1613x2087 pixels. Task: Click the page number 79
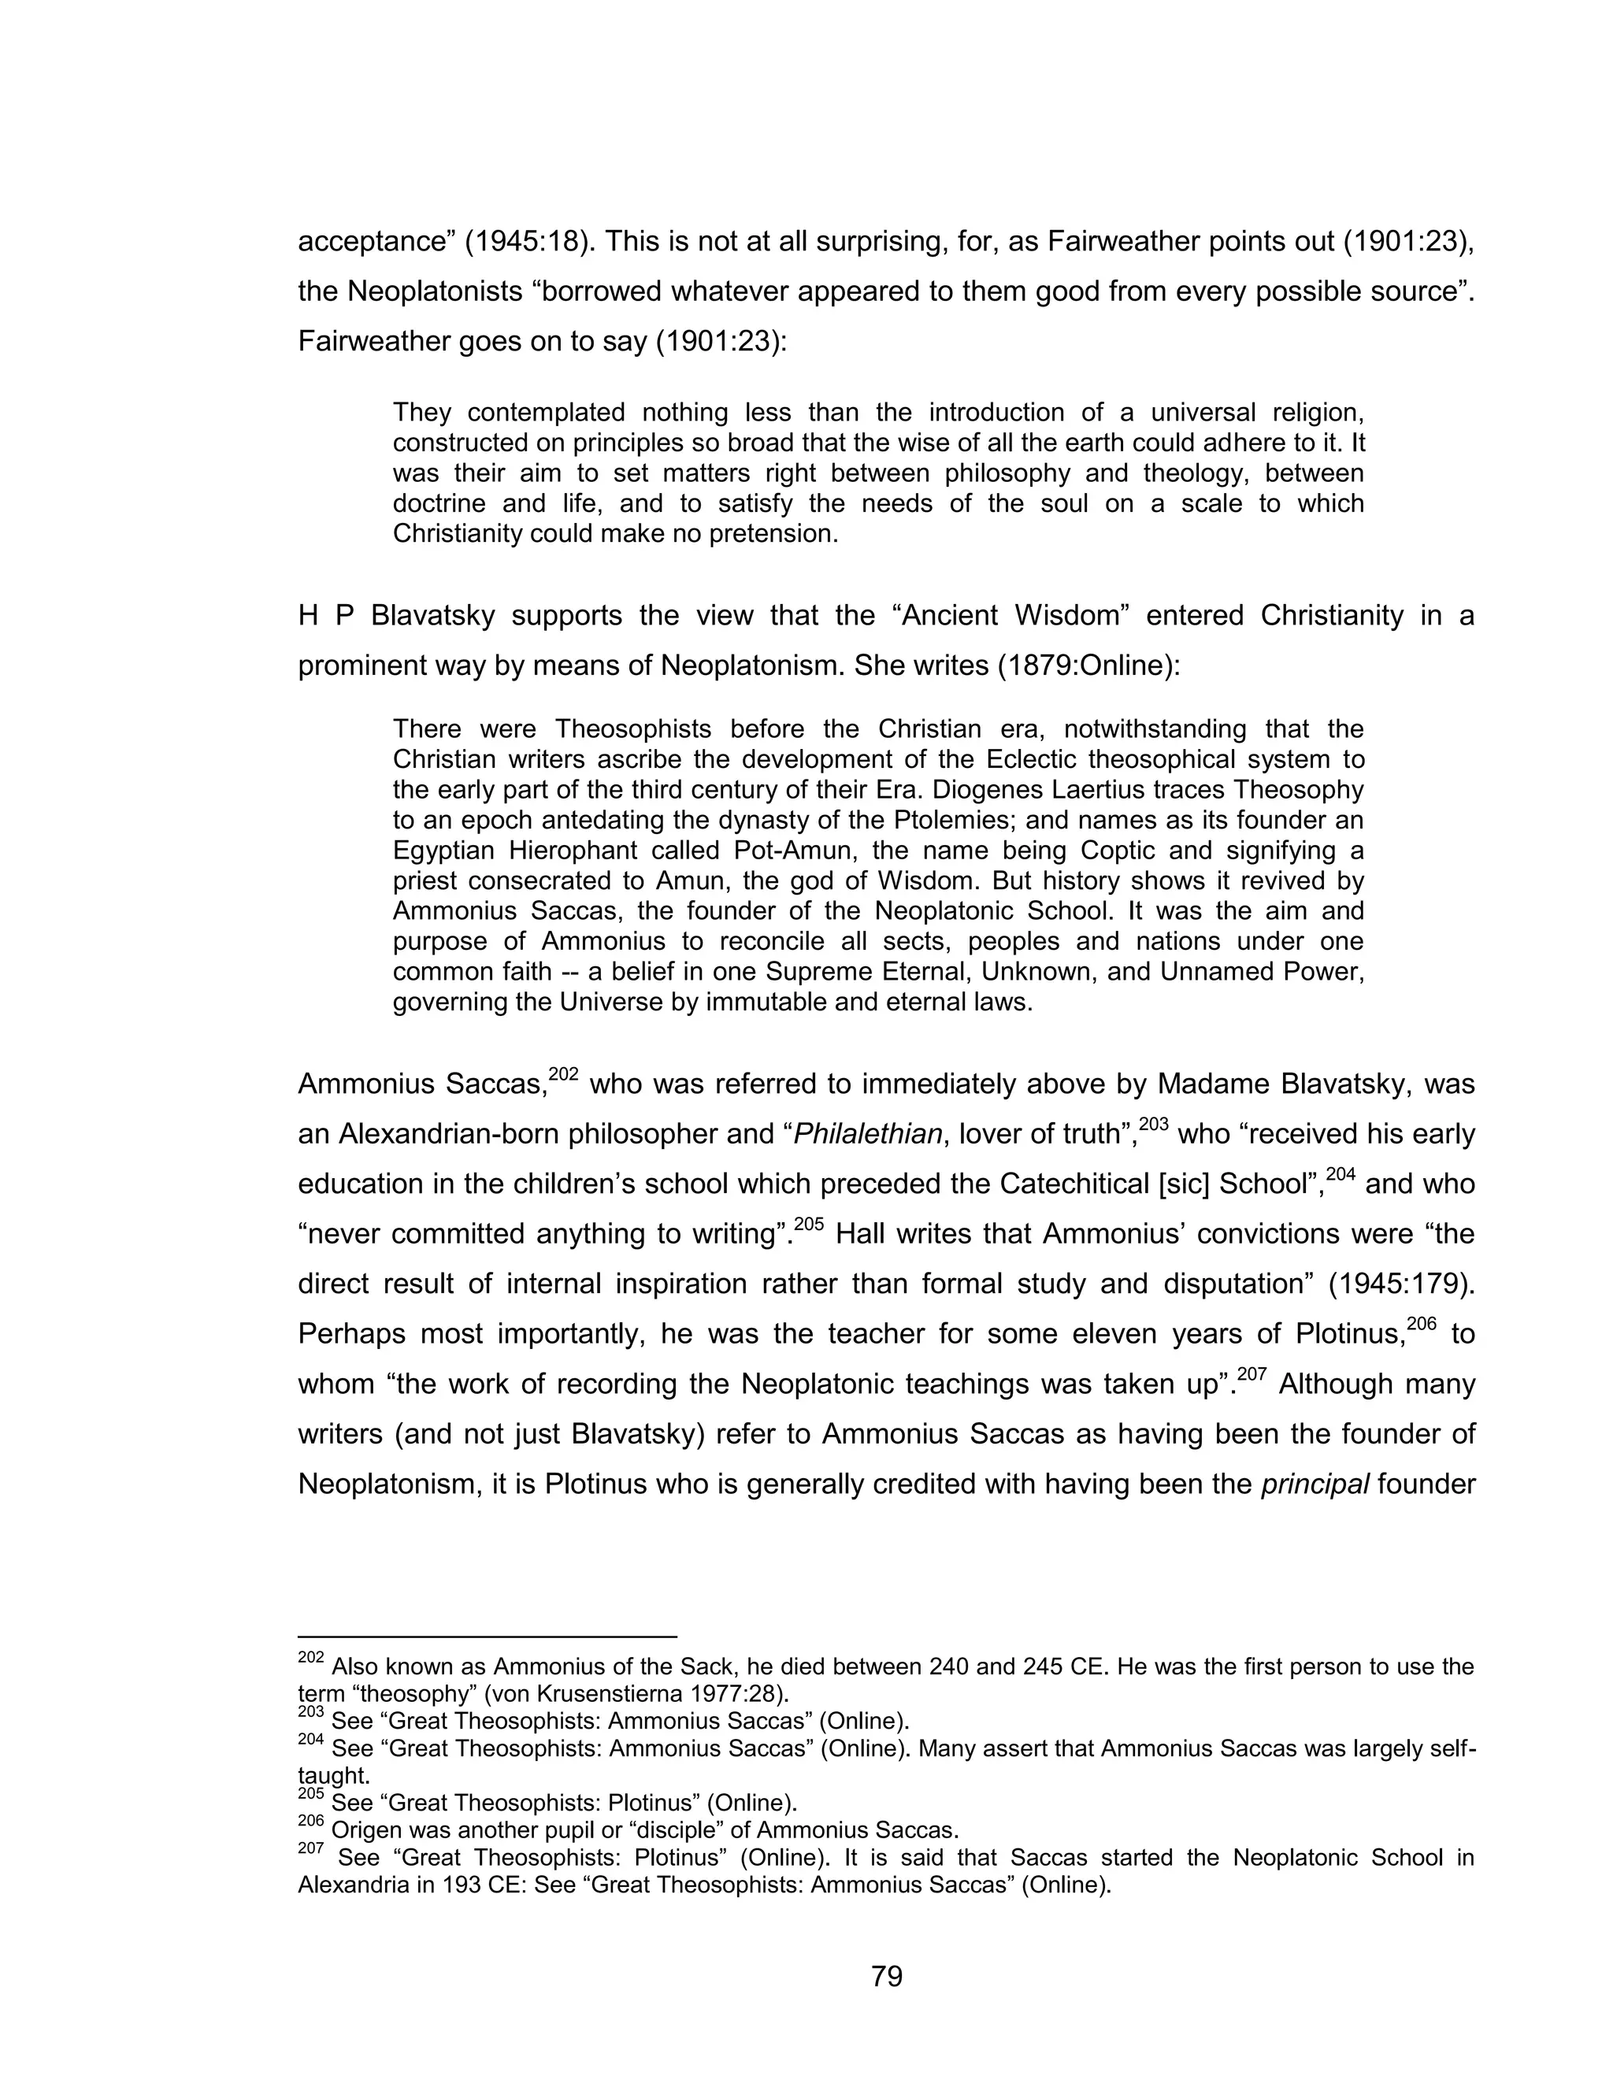(887, 1975)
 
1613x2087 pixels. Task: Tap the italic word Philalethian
(868, 1134)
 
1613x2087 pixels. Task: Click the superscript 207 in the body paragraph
(1251, 1373)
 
